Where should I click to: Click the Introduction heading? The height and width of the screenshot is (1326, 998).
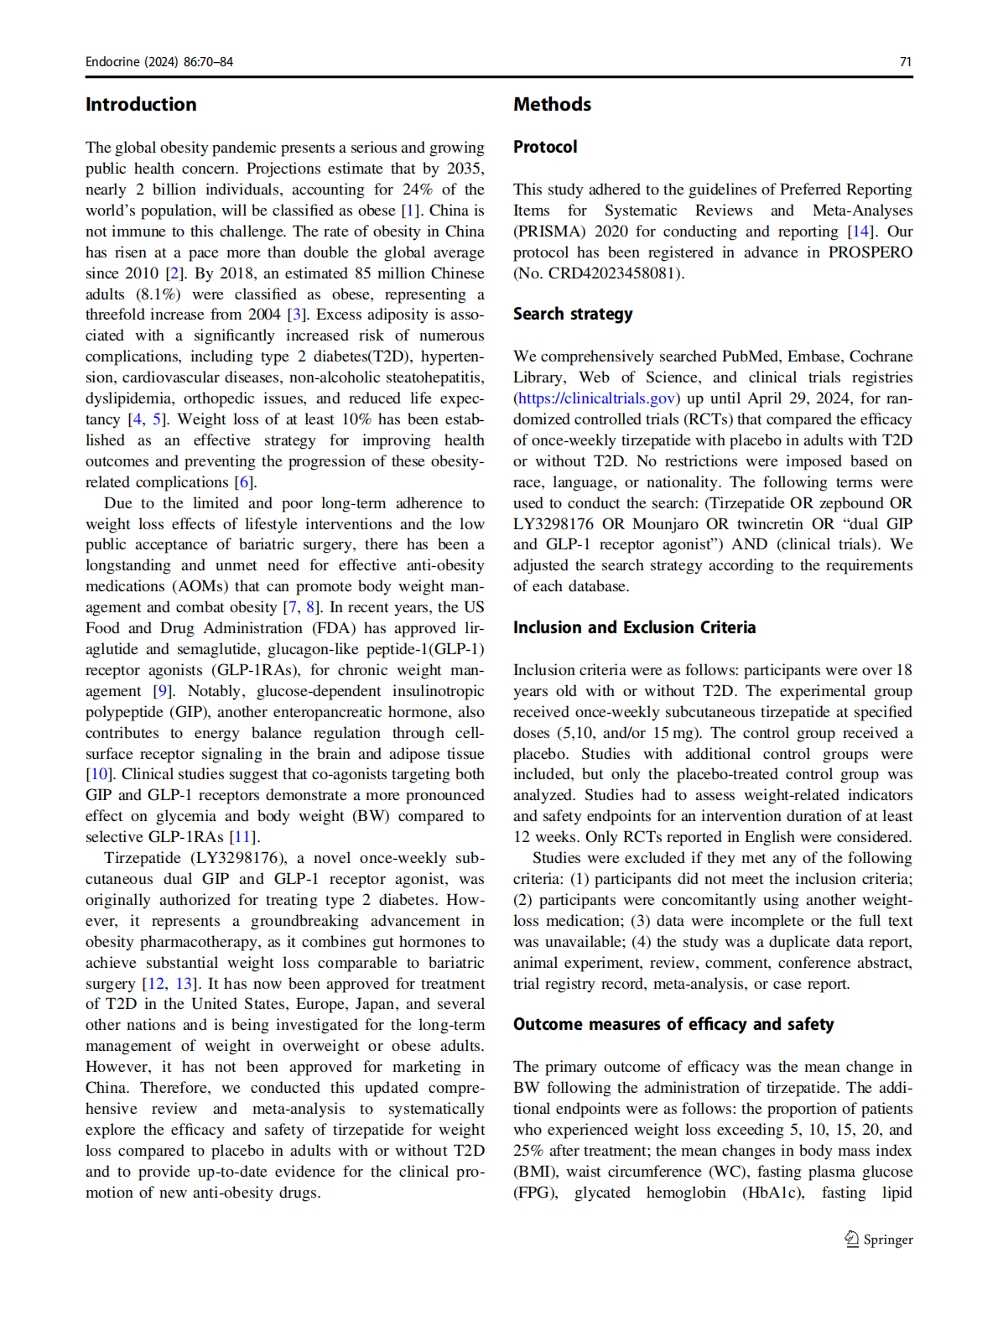pos(141,105)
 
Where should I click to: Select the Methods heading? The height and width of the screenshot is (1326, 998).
pos(552,105)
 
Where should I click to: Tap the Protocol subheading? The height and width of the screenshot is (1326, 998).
pos(545,147)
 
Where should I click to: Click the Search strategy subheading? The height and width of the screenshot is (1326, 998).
pos(573,314)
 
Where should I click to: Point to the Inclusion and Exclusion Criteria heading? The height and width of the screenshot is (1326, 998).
pos(634,627)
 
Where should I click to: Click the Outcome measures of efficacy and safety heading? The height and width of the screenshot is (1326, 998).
pos(673,1024)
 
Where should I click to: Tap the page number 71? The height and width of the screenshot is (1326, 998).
pos(905,62)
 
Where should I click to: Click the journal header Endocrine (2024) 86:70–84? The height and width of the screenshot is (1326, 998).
pos(159,62)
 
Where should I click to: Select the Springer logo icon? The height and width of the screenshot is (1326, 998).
pos(851,1239)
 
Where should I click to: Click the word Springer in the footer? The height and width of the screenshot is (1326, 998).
pos(888,1240)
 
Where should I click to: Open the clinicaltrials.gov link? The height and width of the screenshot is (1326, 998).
pos(596,398)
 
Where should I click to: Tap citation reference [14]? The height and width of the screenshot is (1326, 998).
pos(860,231)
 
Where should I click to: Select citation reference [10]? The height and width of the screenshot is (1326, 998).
pos(98,774)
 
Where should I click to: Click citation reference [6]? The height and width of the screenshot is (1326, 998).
pos(243,482)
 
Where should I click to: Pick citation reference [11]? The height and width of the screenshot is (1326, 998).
pos(242,837)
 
